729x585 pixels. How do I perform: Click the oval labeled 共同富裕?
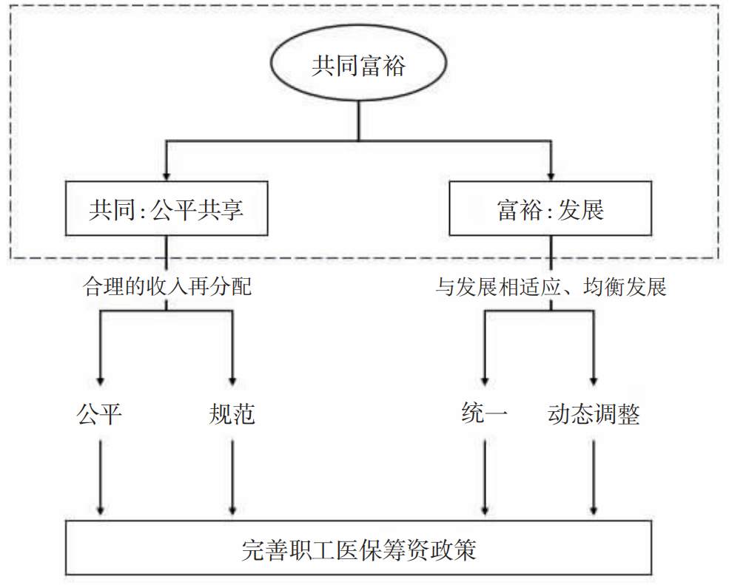tap(359, 67)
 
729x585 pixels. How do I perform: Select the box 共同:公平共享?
tap(167, 211)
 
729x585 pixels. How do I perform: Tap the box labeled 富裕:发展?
tap(551, 211)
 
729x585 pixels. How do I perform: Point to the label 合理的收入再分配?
tap(167, 286)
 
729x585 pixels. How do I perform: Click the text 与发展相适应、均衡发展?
tap(551, 286)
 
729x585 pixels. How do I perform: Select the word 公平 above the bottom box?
tap(99, 415)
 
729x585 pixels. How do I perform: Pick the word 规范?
tap(232, 415)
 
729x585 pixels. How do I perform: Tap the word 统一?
tap(485, 415)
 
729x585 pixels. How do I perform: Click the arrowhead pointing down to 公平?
tap(99, 376)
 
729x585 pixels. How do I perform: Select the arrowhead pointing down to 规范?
tap(232, 376)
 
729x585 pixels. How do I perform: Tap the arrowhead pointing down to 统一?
tap(485, 376)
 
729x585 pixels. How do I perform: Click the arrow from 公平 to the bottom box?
tap(99, 477)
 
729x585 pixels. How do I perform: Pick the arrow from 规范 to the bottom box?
tap(232, 477)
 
